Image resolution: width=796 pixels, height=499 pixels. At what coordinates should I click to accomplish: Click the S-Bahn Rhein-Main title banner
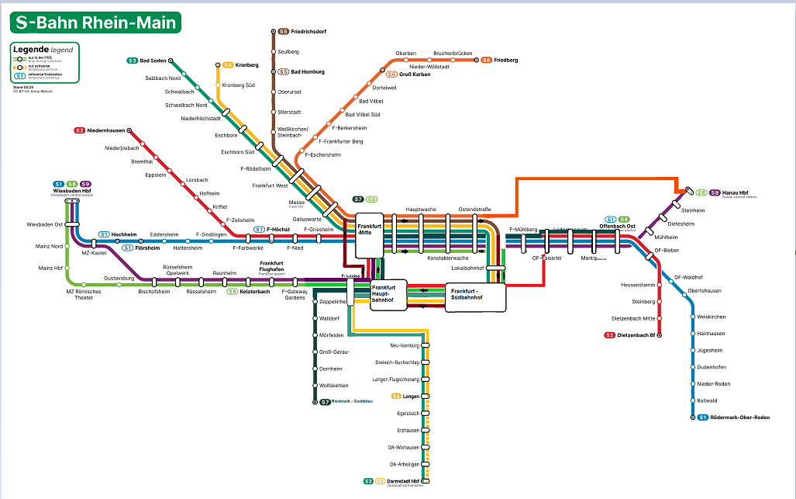click(95, 22)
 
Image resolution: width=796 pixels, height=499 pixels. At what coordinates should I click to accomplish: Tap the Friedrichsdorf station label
click(308, 32)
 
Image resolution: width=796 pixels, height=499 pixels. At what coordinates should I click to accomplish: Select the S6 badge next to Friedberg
click(486, 60)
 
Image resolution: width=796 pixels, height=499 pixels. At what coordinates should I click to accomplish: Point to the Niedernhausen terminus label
click(105, 130)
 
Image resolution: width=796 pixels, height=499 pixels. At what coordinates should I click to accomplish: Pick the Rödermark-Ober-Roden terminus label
click(739, 418)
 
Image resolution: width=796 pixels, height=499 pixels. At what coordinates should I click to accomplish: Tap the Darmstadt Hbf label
click(404, 481)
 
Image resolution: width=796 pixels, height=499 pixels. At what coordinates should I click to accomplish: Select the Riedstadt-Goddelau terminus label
click(353, 401)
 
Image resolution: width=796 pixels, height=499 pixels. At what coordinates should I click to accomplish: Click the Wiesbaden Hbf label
click(72, 191)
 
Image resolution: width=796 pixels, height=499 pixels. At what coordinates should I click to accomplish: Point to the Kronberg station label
click(246, 65)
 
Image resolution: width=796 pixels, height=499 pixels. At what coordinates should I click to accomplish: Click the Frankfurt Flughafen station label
click(271, 265)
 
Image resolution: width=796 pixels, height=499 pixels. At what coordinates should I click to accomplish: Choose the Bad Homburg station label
click(307, 71)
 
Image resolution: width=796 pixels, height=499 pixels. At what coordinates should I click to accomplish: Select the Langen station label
click(411, 397)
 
